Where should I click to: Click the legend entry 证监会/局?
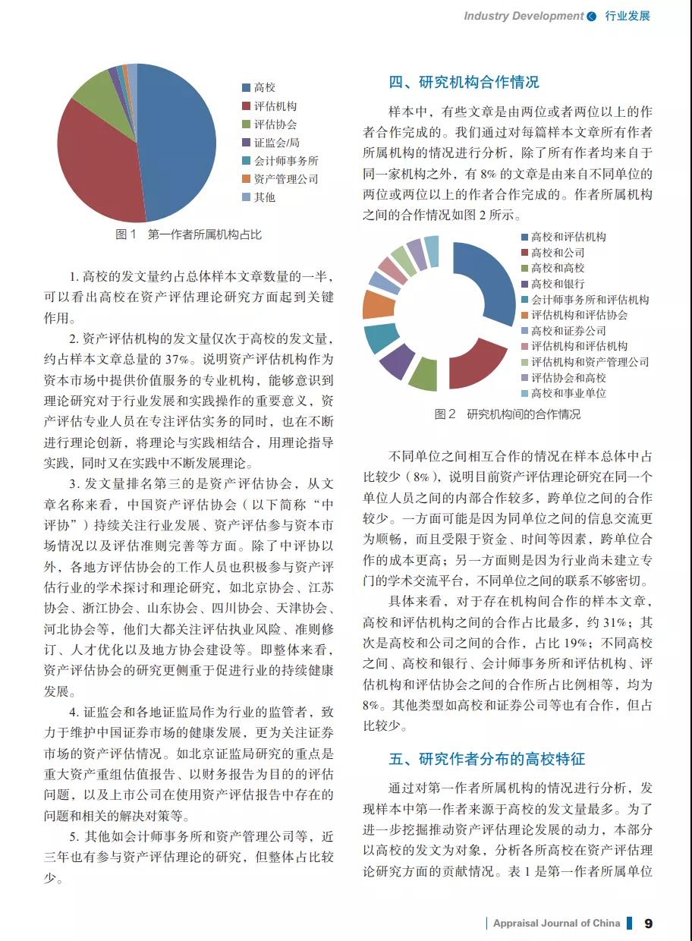[276, 143]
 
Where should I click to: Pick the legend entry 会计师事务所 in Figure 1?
[285, 161]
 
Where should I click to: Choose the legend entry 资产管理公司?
[285, 179]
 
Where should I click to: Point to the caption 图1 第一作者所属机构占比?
[188, 234]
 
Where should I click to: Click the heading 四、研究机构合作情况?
[464, 82]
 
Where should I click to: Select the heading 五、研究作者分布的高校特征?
[487, 759]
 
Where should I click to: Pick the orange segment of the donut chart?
[377, 304]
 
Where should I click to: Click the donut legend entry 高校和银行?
[558, 284]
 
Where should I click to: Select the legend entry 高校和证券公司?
[568, 331]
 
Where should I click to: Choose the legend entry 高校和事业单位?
[568, 393]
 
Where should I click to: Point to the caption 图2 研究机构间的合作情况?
[507, 414]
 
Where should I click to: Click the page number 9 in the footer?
[648, 924]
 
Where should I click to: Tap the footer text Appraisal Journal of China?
[556, 924]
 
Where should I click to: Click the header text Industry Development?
[524, 16]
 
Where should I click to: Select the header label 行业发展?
[628, 16]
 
